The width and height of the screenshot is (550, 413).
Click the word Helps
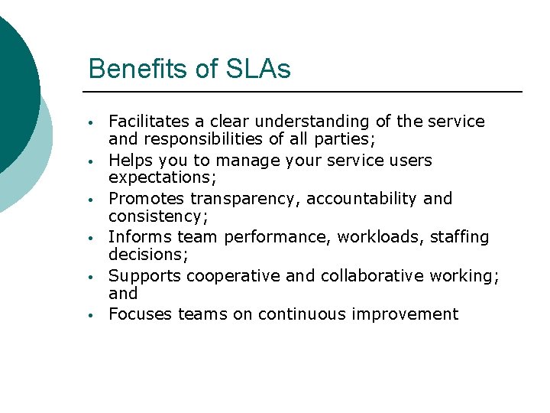tap(131, 161)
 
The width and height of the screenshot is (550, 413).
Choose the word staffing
tap(459, 237)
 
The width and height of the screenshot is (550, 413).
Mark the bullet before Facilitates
tap(90, 123)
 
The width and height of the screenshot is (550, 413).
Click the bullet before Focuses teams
tap(90, 315)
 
